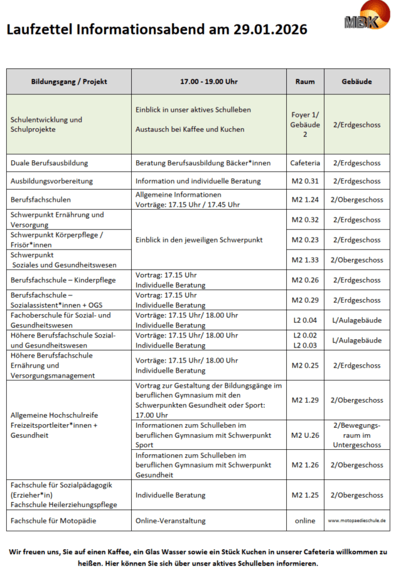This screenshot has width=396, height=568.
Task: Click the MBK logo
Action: click(x=361, y=21)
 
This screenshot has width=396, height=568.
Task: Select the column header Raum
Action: click(x=305, y=82)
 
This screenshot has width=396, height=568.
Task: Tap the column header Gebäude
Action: click(x=356, y=82)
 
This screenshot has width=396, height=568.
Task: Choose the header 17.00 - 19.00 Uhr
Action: click(x=209, y=82)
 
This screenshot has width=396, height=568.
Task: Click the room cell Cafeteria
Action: click(x=305, y=163)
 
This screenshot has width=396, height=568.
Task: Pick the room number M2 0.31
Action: click(x=305, y=181)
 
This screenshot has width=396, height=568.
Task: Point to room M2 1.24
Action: click(x=305, y=200)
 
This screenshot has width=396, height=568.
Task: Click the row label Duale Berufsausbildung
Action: click(x=49, y=163)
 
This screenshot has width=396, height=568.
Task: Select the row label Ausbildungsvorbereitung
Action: click(x=51, y=181)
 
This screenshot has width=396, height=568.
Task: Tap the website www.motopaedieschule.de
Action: click(x=356, y=521)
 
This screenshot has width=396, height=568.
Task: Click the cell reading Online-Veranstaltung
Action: click(x=170, y=521)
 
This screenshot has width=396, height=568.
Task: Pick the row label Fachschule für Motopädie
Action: click(x=53, y=521)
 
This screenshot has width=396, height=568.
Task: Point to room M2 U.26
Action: click(x=305, y=435)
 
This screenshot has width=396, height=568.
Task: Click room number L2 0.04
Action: click(x=305, y=320)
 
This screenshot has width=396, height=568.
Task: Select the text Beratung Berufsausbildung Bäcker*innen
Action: click(x=203, y=163)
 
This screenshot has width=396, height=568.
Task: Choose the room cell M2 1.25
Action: click(x=305, y=495)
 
